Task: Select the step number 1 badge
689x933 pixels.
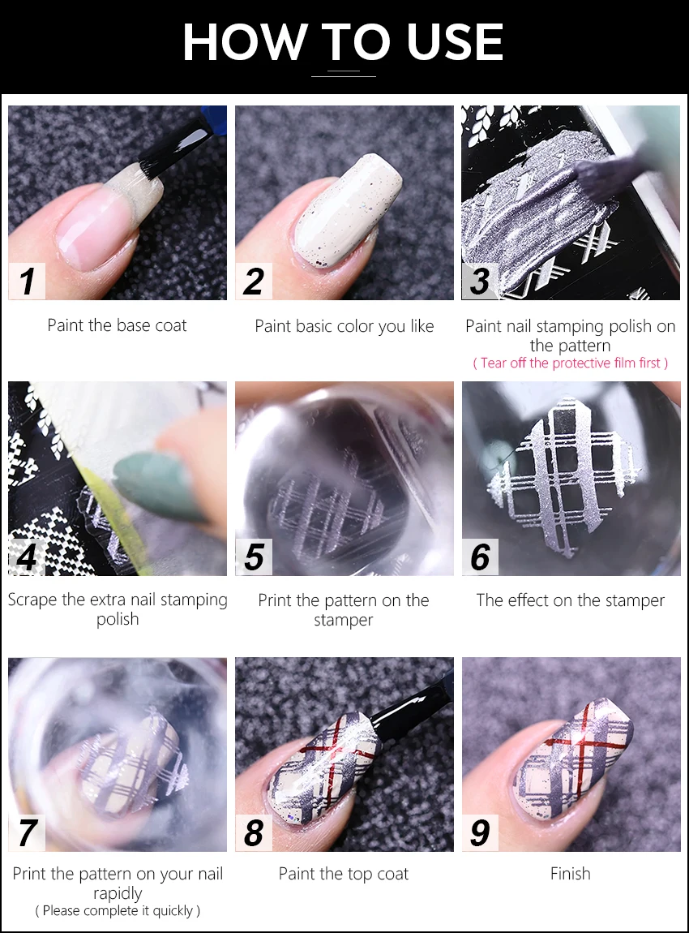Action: pyautogui.click(x=28, y=281)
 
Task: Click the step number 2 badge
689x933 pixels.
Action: pyautogui.click(x=254, y=281)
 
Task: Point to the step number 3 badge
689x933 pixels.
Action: pyautogui.click(x=481, y=281)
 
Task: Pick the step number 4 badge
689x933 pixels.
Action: pyautogui.click(x=28, y=557)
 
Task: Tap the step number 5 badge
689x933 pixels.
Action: pyautogui.click(x=254, y=557)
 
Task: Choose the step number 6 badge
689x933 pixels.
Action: pyautogui.click(x=481, y=557)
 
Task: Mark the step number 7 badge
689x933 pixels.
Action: pyautogui.click(x=28, y=832)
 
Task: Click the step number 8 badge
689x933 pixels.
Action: pyautogui.click(x=254, y=832)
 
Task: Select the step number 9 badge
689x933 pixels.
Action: pyautogui.click(x=481, y=832)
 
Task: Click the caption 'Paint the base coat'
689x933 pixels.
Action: pyautogui.click(x=117, y=325)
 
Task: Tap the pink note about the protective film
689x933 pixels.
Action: pyautogui.click(x=571, y=363)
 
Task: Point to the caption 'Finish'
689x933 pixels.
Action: pyautogui.click(x=571, y=874)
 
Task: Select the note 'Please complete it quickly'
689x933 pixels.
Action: pyautogui.click(x=118, y=910)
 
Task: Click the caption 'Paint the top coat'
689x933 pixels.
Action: pyautogui.click(x=344, y=874)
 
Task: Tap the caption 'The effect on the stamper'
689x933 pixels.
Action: pyautogui.click(x=571, y=600)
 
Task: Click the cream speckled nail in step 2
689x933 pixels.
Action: pyautogui.click(x=344, y=211)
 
